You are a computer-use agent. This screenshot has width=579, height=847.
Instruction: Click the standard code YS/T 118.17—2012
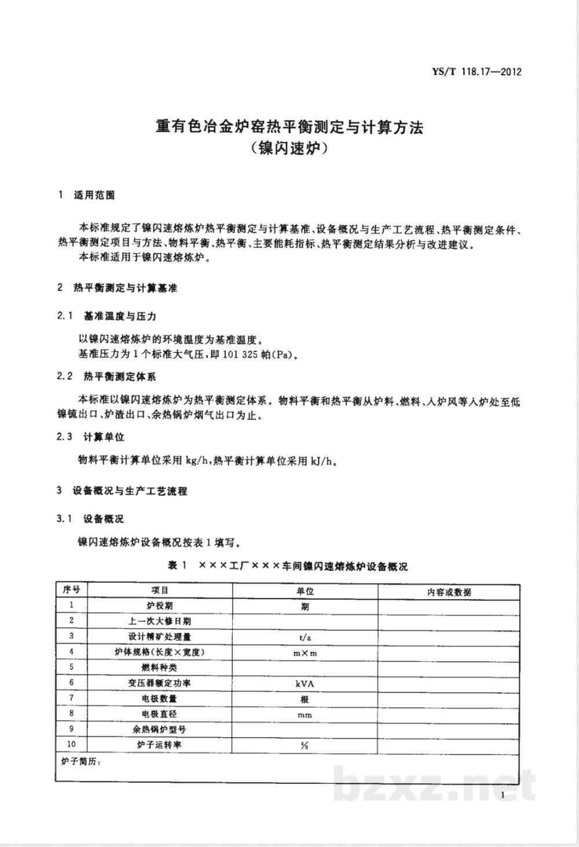click(477, 72)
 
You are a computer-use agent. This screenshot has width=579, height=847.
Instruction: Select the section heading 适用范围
click(94, 195)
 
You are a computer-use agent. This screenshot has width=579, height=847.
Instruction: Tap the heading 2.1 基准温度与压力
click(107, 316)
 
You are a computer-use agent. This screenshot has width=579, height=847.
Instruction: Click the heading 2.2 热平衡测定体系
click(107, 377)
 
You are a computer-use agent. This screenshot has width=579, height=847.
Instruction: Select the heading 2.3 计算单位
click(91, 437)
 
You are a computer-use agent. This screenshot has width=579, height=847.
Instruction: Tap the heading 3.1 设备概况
click(91, 518)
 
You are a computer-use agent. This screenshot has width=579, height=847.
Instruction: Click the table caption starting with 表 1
click(288, 566)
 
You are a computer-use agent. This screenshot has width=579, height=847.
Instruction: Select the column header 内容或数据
click(449, 592)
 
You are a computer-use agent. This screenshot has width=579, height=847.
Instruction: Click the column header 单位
click(305, 592)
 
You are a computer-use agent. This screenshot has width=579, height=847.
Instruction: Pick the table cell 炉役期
click(160, 606)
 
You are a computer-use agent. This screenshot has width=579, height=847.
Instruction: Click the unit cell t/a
click(305, 637)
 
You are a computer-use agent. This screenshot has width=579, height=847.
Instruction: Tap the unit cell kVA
click(305, 684)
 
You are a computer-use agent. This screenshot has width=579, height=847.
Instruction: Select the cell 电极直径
click(160, 714)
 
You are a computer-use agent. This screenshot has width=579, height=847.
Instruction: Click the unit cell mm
click(305, 715)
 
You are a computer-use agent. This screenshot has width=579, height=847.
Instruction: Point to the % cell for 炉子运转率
click(305, 746)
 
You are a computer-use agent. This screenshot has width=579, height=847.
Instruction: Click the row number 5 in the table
click(72, 668)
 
